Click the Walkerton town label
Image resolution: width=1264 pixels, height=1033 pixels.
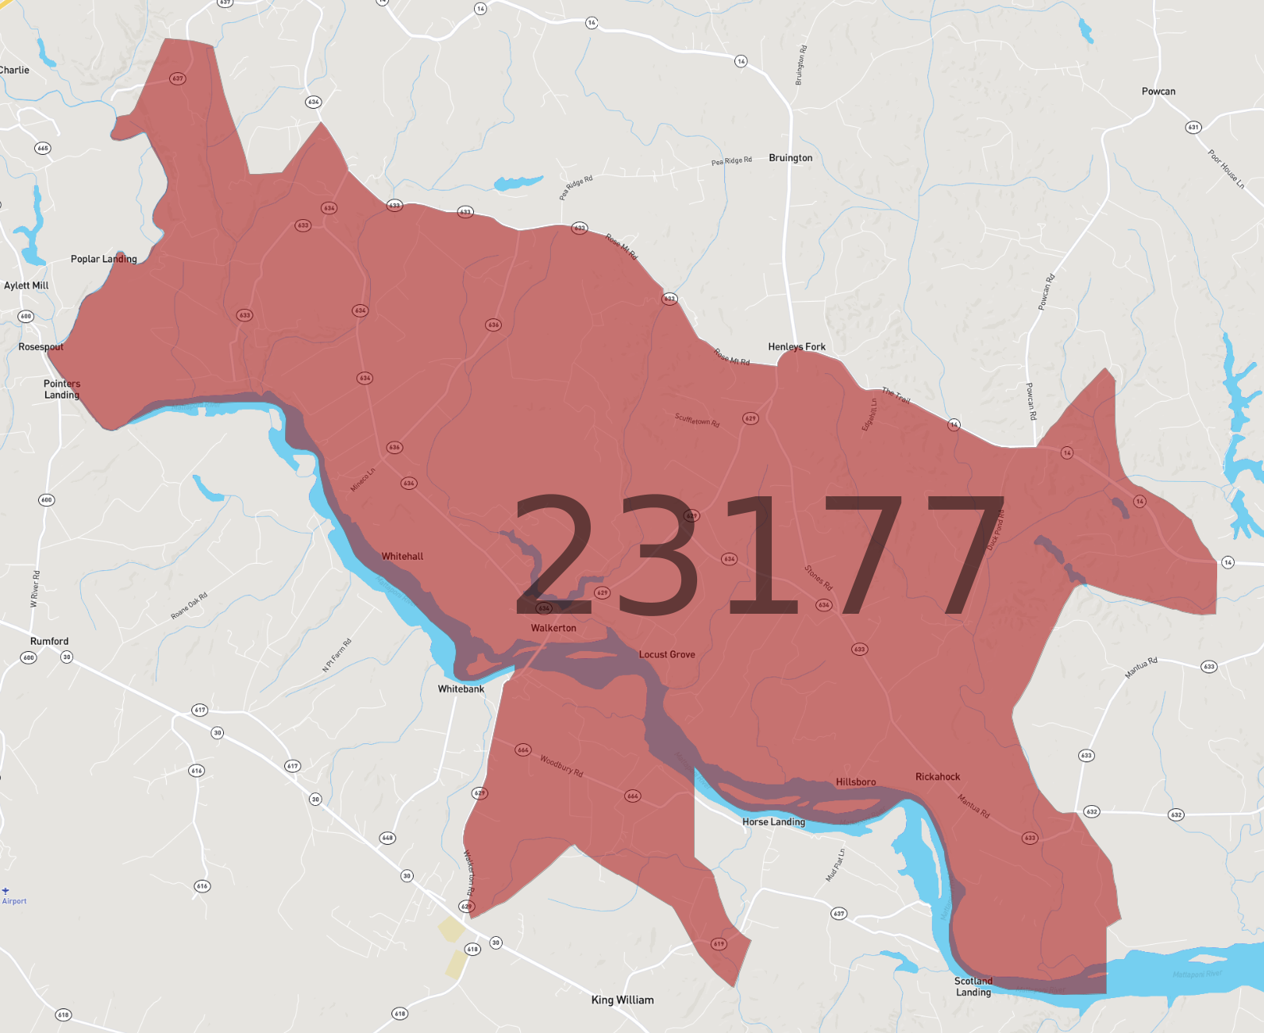[x=553, y=628]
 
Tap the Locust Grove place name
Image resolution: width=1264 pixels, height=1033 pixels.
[x=667, y=654]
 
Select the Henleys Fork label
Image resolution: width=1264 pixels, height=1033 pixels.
[x=796, y=346]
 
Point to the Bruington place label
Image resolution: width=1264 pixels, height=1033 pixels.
[x=790, y=158]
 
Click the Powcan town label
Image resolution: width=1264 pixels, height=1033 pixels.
[x=1158, y=91]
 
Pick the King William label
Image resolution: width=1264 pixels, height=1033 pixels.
[x=622, y=1000]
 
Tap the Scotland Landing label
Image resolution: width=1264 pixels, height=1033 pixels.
[x=973, y=986]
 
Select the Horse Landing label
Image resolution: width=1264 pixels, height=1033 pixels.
[x=773, y=822]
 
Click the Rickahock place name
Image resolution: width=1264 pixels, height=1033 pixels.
[x=938, y=777]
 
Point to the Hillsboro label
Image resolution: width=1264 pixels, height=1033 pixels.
[x=856, y=782]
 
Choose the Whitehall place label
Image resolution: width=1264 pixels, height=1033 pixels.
[x=403, y=557]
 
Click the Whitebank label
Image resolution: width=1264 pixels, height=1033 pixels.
[x=461, y=688]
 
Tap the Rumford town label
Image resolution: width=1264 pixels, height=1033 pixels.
[x=49, y=641]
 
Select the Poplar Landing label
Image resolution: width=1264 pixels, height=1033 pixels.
[x=104, y=259]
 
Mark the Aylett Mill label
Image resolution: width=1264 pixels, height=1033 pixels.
[x=26, y=285]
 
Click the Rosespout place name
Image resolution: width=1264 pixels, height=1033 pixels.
[x=41, y=347]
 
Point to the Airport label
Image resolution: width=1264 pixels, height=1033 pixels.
[x=14, y=901]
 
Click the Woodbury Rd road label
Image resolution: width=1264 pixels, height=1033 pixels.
[x=561, y=766]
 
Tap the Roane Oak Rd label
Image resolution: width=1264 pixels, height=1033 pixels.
[x=189, y=606]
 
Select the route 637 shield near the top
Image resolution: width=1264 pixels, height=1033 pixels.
[x=178, y=79]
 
